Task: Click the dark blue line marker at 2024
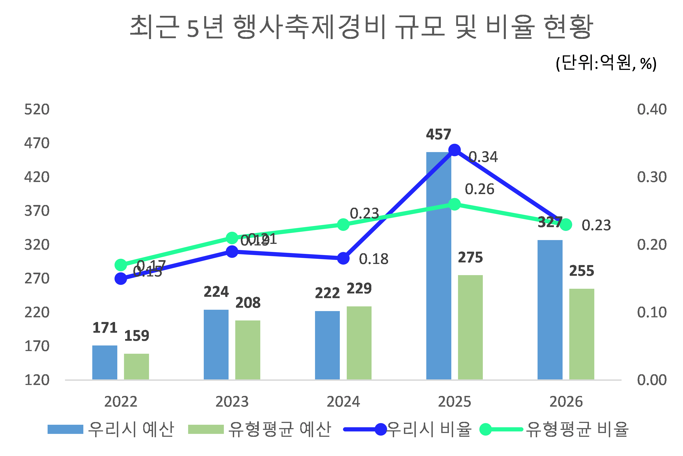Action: (343, 258)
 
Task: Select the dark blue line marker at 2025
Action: (454, 150)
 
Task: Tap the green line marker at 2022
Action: (121, 265)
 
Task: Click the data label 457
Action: (438, 135)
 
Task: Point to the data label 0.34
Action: (483, 157)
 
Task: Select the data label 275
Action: (470, 258)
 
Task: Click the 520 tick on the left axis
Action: (37, 110)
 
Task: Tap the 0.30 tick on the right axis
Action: (651, 177)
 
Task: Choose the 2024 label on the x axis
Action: (343, 402)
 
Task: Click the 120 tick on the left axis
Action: (37, 380)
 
